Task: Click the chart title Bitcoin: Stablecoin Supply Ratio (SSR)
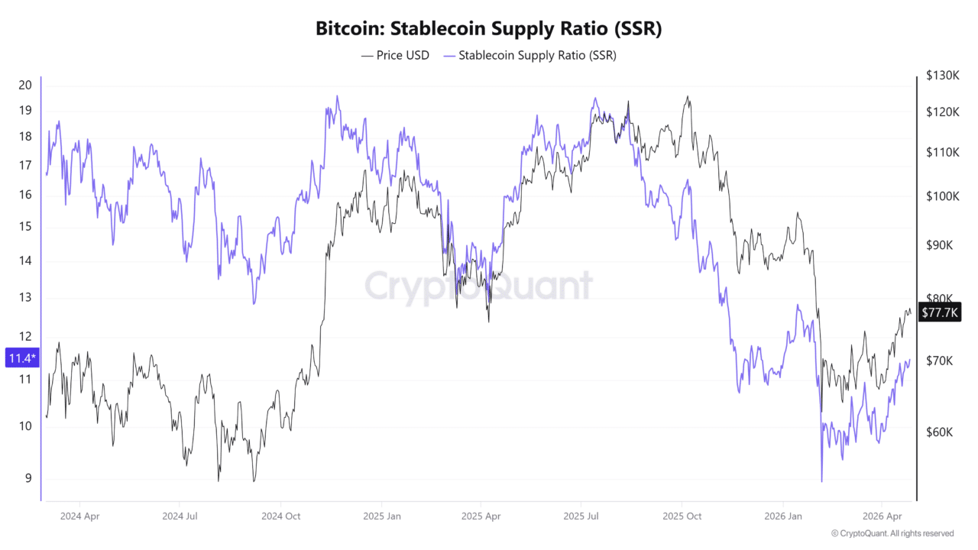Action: (x=489, y=29)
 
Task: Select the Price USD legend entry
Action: (x=395, y=56)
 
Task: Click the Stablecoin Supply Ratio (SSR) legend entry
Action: (x=530, y=56)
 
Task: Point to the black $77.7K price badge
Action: (x=940, y=312)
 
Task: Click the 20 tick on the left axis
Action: (x=25, y=85)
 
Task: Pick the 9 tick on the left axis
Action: (x=28, y=479)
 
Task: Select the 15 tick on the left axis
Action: (x=25, y=226)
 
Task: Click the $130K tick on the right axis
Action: (x=942, y=76)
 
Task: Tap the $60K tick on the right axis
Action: (x=939, y=432)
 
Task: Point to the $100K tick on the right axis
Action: (x=942, y=196)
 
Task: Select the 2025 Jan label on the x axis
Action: (x=383, y=516)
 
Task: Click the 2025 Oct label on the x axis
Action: (x=683, y=516)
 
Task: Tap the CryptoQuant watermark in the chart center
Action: (x=478, y=286)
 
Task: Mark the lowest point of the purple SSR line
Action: (x=821, y=481)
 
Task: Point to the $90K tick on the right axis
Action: (x=939, y=245)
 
